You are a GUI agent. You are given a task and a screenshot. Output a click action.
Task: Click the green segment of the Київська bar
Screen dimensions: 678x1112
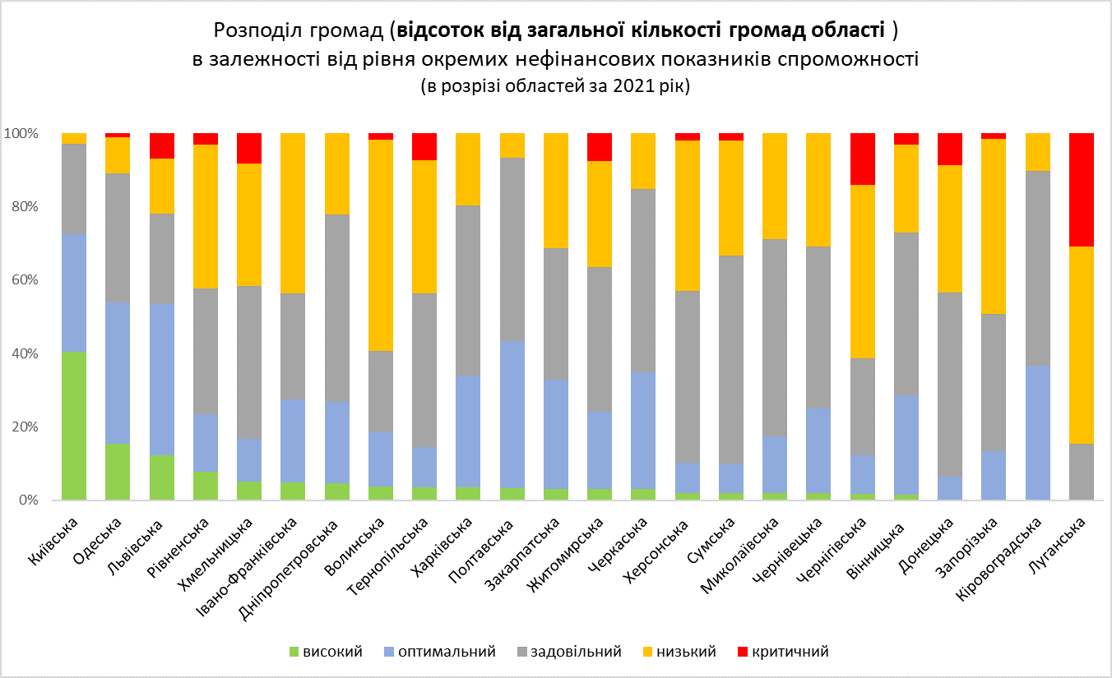74,426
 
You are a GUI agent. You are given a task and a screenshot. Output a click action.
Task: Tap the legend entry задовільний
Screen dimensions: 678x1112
575,652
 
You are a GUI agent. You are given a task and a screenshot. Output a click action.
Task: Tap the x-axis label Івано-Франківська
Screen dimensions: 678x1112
255,559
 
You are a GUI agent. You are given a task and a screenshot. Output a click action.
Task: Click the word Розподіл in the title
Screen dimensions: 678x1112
257,31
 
